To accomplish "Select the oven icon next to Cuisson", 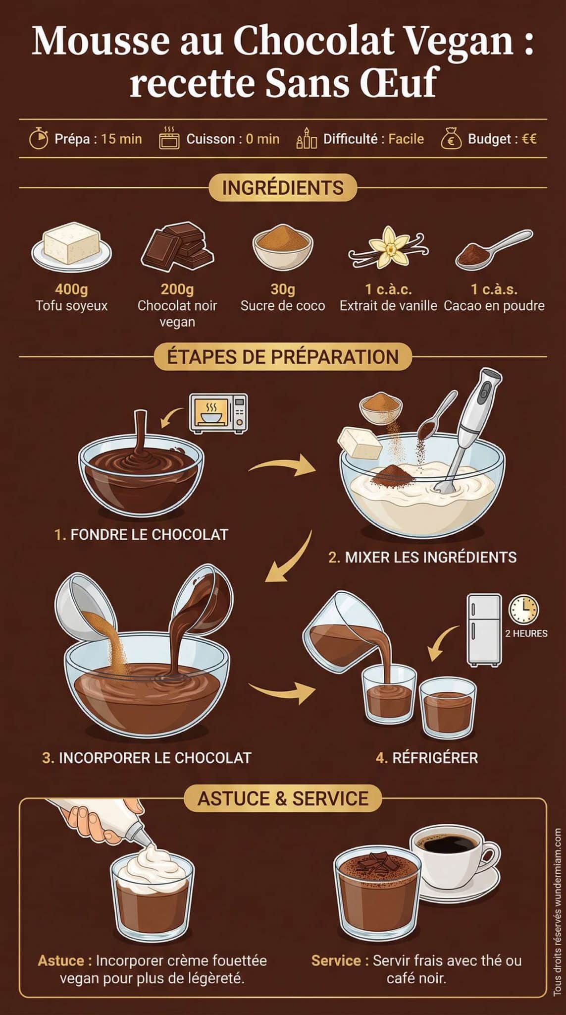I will coord(169,138).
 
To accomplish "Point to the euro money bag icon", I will coord(451,139).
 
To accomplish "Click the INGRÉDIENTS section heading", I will coord(283,188).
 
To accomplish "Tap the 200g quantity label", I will coord(177,289).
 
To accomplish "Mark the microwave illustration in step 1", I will coord(218,413).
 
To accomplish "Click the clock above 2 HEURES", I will coord(524,609).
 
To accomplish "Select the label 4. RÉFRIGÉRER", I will coord(427,758).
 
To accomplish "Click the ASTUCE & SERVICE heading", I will coord(283,798).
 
